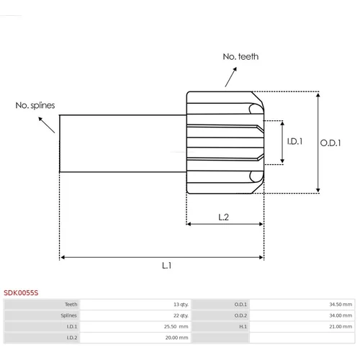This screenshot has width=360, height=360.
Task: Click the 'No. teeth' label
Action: pyautogui.click(x=240, y=57)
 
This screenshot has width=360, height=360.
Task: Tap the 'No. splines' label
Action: pyautogui.click(x=35, y=105)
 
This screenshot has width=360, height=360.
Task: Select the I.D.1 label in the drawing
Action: pyautogui.click(x=294, y=141)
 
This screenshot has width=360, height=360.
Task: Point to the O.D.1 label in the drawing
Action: pyautogui.click(x=330, y=143)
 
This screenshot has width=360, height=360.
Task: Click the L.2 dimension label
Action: pyautogui.click(x=223, y=217)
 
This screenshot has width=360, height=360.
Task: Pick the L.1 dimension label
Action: pyautogui.click(x=166, y=266)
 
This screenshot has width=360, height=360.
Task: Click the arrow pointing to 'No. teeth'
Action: pyautogui.click(x=231, y=77)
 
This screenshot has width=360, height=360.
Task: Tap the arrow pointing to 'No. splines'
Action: pyautogui.click(x=47, y=125)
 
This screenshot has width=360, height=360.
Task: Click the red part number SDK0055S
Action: pyautogui.click(x=21, y=293)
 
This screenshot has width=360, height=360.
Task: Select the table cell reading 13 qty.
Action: pyautogui.click(x=181, y=305)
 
